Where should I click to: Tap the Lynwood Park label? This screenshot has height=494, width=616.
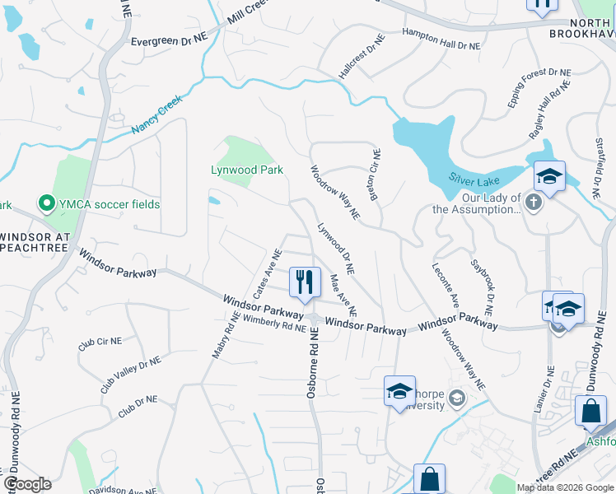[246, 170]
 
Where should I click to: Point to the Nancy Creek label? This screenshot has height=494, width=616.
[156, 117]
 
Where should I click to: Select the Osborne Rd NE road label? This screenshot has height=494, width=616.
[313, 363]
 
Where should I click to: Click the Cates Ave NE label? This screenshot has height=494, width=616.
[262, 276]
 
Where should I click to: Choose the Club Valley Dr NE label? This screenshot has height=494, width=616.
[130, 375]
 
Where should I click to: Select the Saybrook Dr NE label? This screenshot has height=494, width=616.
[482, 289]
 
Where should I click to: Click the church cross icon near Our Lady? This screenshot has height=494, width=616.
[534, 202]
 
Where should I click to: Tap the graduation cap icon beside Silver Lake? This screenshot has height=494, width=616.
[549, 176]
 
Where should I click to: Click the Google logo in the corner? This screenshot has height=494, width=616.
[27, 484]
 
